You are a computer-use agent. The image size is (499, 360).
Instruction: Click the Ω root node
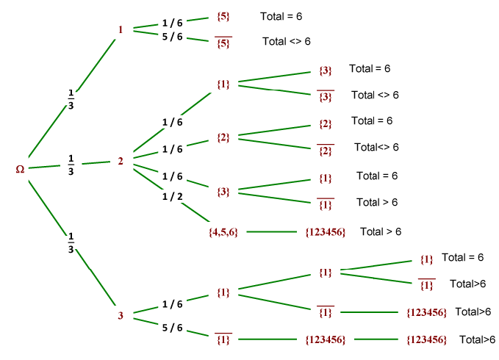click(x=21, y=170)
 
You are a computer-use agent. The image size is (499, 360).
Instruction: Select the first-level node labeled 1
click(x=121, y=30)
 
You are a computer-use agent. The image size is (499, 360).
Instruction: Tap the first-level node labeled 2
click(x=121, y=161)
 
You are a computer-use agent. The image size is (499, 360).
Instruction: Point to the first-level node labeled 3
click(x=121, y=316)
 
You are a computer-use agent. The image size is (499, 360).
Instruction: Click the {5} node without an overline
click(x=224, y=15)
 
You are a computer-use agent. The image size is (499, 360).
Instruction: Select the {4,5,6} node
click(x=223, y=232)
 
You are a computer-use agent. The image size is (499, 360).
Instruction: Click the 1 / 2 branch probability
click(x=172, y=196)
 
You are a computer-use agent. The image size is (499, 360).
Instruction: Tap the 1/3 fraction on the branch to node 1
click(x=71, y=98)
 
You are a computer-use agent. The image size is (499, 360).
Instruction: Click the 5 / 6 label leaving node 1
click(x=173, y=37)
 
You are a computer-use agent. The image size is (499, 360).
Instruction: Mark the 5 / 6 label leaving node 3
click(x=173, y=328)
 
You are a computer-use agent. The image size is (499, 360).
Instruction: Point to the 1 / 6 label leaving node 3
click(x=173, y=303)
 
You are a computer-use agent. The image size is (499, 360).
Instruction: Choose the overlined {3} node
click(x=326, y=96)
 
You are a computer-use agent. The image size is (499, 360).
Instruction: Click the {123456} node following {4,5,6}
click(x=325, y=232)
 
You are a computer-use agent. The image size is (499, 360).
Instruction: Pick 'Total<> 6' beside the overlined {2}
click(x=376, y=147)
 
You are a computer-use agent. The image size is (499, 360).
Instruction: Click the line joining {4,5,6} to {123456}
click(x=272, y=232)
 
